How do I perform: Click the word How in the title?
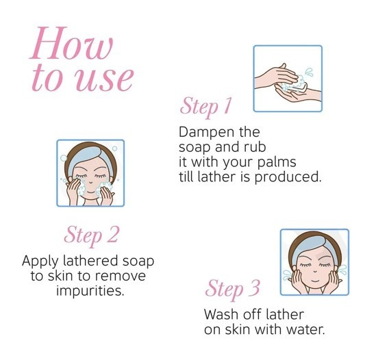(71, 43)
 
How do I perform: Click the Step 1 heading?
(205, 106)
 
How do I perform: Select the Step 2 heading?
(91, 235)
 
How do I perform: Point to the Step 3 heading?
(233, 289)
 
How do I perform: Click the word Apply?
(40, 262)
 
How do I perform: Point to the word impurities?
(90, 291)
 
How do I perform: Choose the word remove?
(120, 277)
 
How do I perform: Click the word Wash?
(222, 314)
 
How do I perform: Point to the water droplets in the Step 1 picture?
(309, 72)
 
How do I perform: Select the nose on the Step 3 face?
(315, 271)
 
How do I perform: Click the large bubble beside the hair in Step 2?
(64, 158)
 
